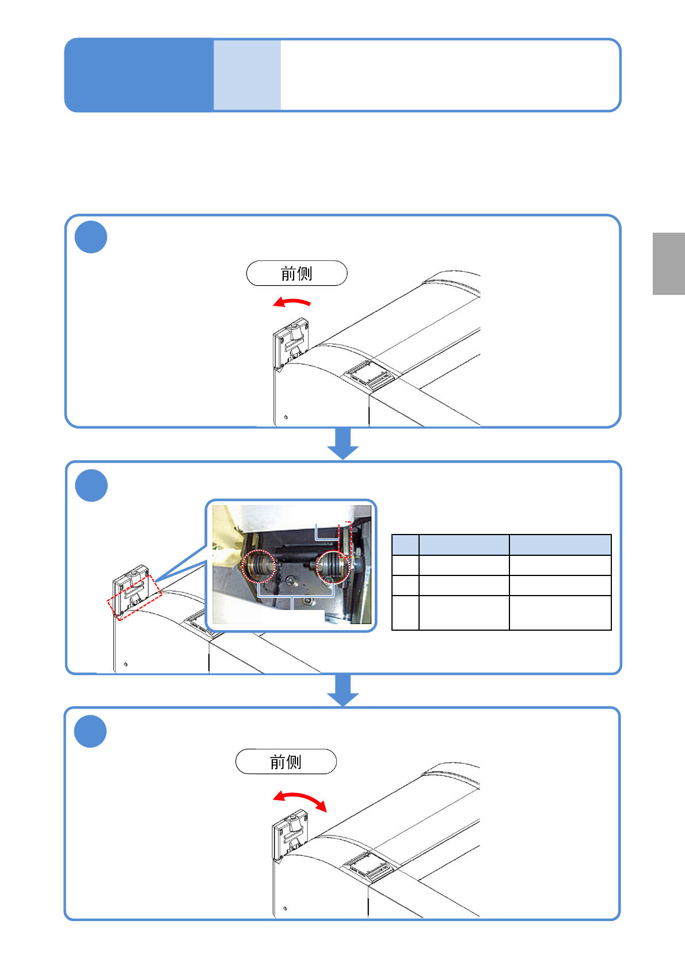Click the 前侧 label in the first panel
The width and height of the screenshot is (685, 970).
click(296, 273)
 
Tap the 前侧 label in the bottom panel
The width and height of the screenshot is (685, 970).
click(286, 761)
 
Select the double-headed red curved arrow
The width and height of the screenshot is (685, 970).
click(300, 800)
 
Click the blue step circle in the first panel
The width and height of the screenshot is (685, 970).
click(91, 237)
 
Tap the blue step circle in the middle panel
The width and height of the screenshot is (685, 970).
click(91, 486)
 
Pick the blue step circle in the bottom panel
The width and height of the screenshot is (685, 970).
click(90, 731)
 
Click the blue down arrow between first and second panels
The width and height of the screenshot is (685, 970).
click(343, 444)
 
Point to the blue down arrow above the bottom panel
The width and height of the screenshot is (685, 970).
click(343, 689)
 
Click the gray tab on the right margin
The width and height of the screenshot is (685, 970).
click(668, 264)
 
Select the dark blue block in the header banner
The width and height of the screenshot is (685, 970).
click(139, 75)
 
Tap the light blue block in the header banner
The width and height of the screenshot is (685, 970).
click(247, 75)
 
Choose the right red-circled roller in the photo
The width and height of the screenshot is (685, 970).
click(333, 566)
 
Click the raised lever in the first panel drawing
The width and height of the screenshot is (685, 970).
click(291, 346)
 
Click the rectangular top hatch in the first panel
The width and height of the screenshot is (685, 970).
click(368, 376)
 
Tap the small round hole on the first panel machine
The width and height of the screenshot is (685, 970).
click(286, 417)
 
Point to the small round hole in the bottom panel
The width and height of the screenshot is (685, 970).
click(285, 908)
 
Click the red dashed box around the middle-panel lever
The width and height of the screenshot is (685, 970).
click(134, 597)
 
